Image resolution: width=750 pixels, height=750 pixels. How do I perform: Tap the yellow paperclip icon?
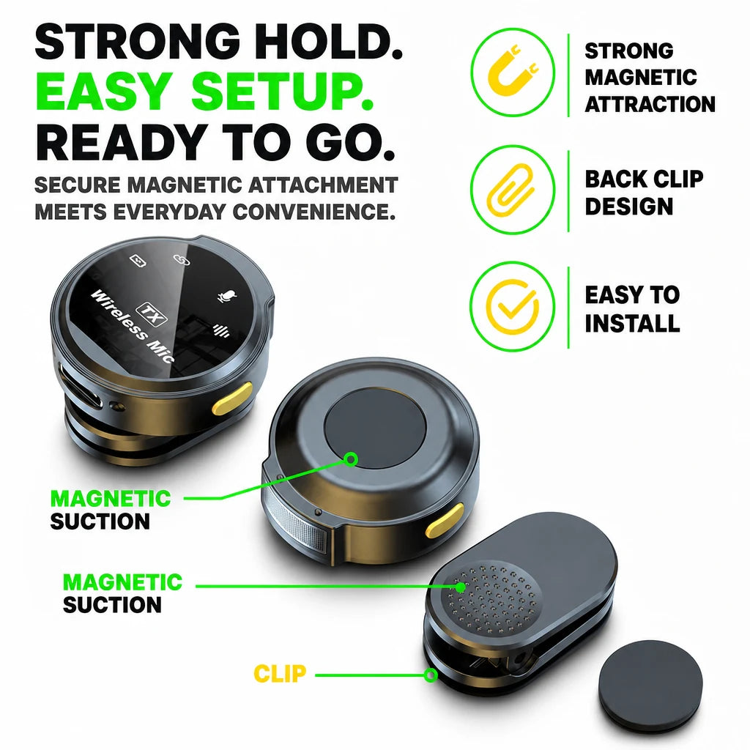pyautogui.click(x=510, y=190)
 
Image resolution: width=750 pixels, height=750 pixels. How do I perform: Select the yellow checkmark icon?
pyautogui.click(x=512, y=306)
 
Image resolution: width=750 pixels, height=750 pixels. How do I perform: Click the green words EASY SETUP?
pyautogui.click(x=205, y=90)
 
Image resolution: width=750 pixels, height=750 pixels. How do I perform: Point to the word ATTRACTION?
pyautogui.click(x=650, y=104)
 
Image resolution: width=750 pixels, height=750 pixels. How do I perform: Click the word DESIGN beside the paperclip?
pyautogui.click(x=629, y=206)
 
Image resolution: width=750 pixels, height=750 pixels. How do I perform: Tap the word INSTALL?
pyautogui.click(x=632, y=323)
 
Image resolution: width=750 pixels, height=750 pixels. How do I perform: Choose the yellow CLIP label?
pyautogui.click(x=279, y=674)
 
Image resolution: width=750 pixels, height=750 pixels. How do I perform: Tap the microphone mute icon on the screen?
pyautogui.click(x=227, y=297)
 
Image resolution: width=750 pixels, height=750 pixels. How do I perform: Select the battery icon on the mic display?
pyautogui.click(x=138, y=261)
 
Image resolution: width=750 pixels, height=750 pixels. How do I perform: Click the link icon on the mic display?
pyautogui.click(x=182, y=259)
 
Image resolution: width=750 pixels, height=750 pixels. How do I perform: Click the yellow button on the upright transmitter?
pyautogui.click(x=232, y=398)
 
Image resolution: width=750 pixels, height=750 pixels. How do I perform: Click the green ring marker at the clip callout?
pyautogui.click(x=431, y=675)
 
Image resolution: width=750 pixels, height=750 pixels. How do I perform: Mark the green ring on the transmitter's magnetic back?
pyautogui.click(x=351, y=460)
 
